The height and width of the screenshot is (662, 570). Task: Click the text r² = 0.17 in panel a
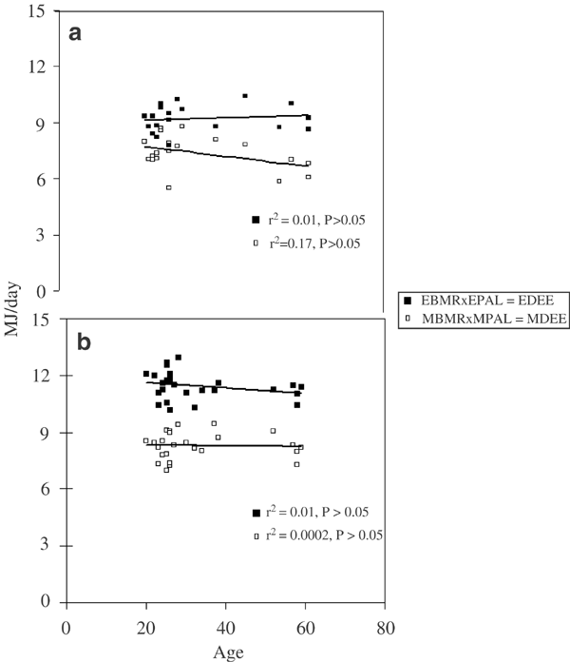tap(310, 243)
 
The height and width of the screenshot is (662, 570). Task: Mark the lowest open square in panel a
tap(169, 187)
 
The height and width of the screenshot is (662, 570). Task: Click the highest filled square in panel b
tap(178, 358)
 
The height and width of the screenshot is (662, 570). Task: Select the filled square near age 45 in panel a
tap(245, 96)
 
